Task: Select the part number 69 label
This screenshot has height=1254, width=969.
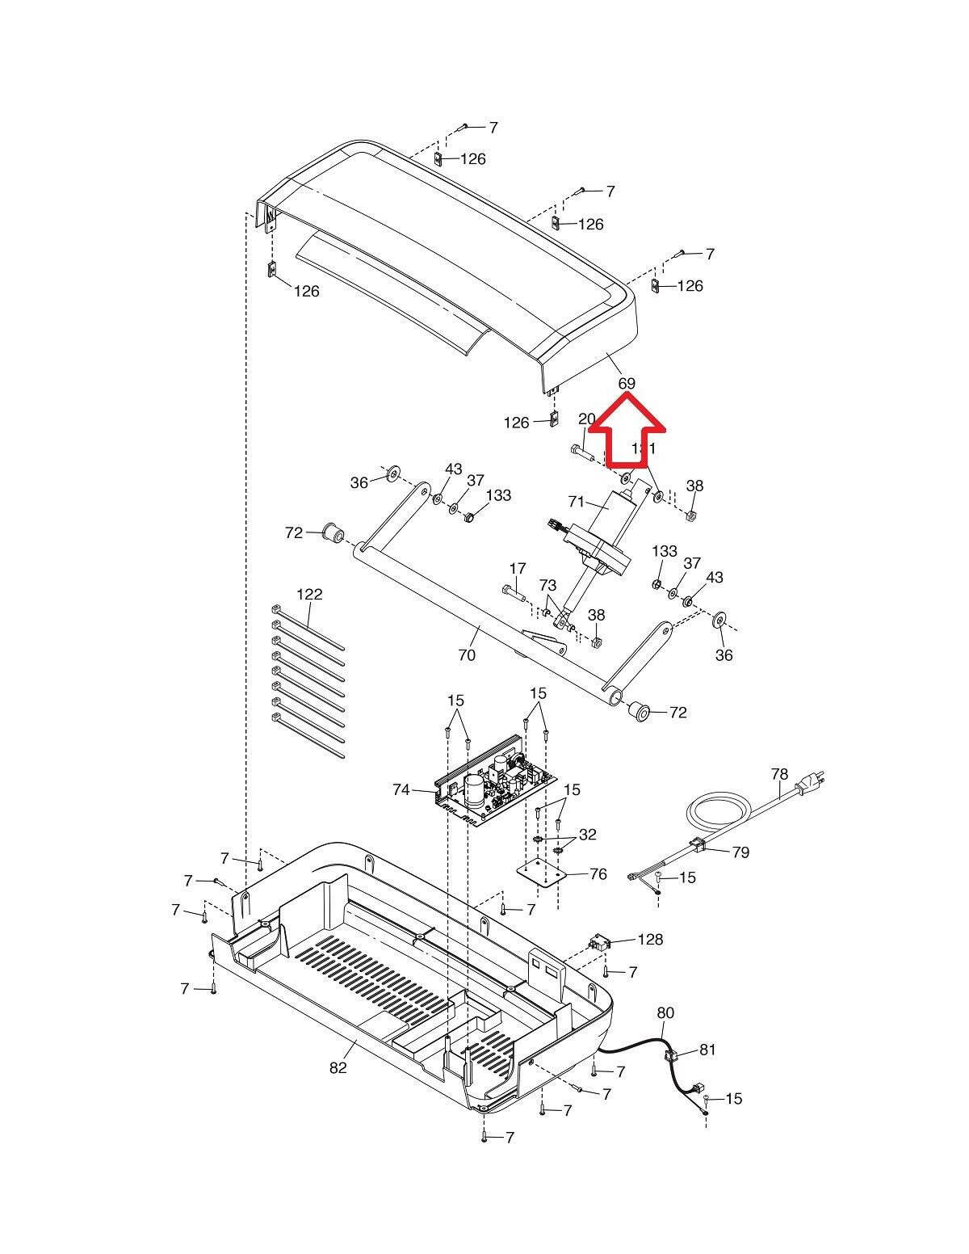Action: [627, 384]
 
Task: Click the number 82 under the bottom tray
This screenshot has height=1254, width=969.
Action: [338, 1067]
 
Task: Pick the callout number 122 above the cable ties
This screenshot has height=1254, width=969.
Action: [309, 594]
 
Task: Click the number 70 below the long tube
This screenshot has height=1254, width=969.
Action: [467, 655]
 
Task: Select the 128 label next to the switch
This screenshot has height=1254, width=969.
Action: [650, 939]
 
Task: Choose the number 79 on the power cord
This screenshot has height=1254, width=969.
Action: [740, 852]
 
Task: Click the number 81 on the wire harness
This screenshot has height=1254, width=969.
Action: [707, 1050]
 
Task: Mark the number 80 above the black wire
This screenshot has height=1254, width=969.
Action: [665, 1012]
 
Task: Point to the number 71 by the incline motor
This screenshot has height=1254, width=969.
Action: [576, 503]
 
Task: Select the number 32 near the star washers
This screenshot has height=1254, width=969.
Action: [588, 835]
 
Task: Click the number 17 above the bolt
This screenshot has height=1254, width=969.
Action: [518, 569]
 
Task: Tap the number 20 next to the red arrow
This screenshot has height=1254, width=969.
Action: [587, 419]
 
